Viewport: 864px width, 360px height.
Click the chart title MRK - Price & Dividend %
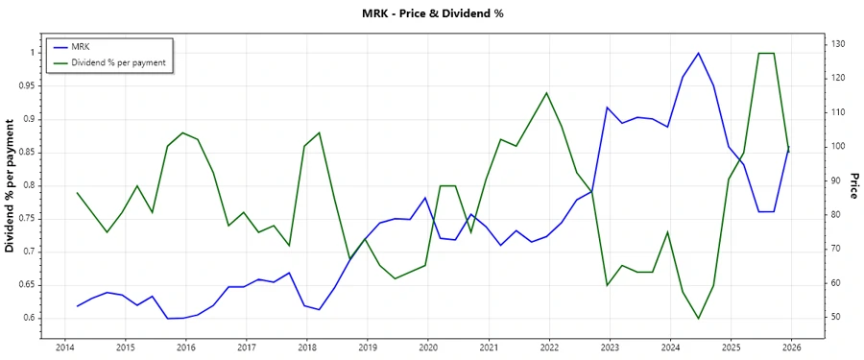click(431, 13)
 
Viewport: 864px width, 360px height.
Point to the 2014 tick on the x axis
click(65, 346)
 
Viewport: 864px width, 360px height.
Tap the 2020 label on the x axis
click(428, 346)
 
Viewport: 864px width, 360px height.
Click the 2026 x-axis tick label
click(792, 346)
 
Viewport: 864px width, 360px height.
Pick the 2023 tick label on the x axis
click(610, 346)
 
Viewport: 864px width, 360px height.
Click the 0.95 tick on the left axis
click(25, 85)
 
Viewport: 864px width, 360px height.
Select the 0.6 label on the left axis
click(28, 318)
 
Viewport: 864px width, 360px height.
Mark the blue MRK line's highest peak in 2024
click(698, 53)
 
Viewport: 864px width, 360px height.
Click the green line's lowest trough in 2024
click(698, 319)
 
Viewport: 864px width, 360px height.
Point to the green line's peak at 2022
click(546, 93)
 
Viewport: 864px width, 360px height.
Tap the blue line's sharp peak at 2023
click(607, 107)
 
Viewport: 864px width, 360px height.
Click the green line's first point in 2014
click(77, 193)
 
